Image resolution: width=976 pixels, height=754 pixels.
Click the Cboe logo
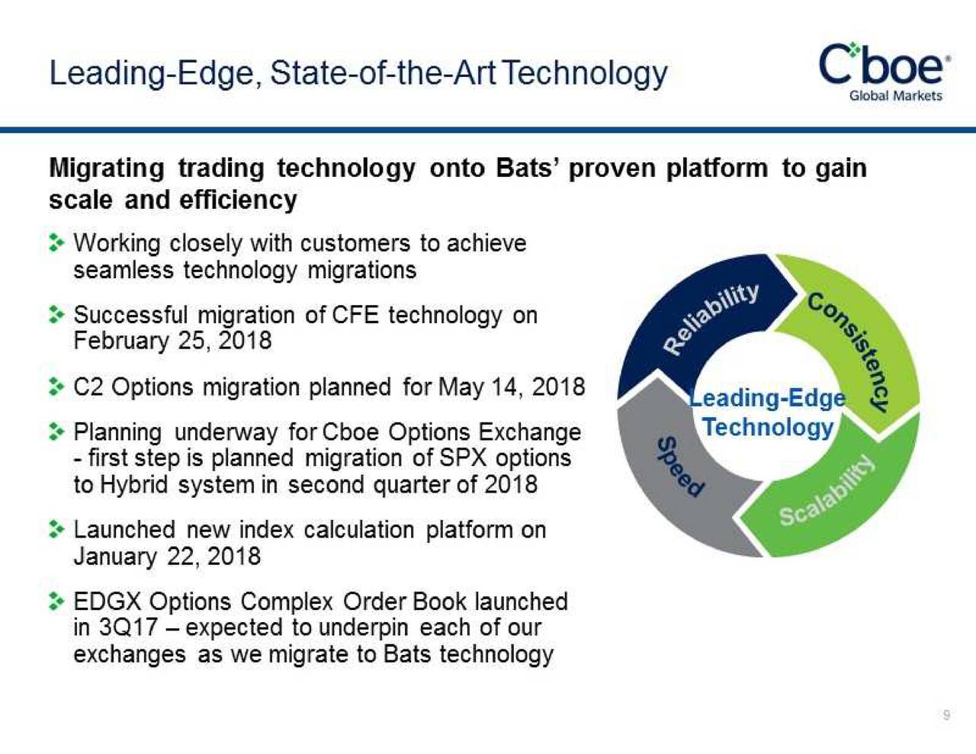(883, 65)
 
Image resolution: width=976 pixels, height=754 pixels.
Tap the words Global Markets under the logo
(895, 96)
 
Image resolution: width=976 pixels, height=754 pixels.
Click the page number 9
(946, 714)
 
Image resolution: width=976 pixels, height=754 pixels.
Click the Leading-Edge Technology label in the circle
(767, 412)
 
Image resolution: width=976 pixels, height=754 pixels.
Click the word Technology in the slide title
(585, 73)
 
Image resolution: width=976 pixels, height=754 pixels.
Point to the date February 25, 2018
(172, 341)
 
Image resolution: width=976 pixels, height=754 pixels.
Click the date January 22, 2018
(167, 556)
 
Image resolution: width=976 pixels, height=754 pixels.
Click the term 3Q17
(128, 627)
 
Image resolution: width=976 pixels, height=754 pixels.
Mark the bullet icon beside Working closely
(56, 243)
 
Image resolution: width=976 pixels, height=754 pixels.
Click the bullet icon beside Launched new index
(56, 530)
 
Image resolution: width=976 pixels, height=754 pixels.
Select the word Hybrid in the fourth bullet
(134, 485)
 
